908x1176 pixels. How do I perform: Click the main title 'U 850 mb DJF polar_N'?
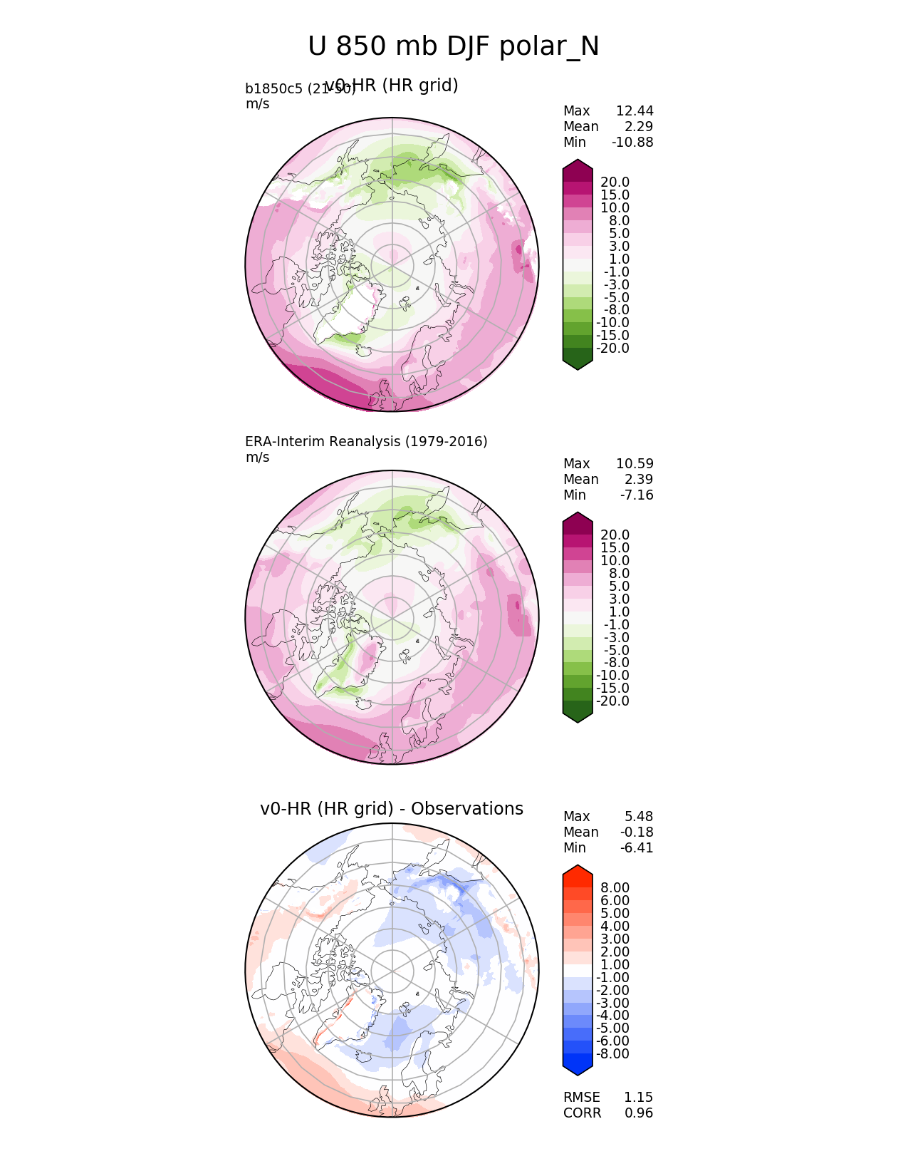tap(454, 47)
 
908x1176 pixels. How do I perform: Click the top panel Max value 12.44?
tap(635, 111)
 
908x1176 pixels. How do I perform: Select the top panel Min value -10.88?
tap(632, 143)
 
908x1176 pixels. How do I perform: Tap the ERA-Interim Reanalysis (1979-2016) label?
tap(366, 442)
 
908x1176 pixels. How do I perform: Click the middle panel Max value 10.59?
tap(635, 464)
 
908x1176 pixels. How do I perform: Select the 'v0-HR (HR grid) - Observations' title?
tap(392, 809)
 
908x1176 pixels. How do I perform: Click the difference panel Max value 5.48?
tap(639, 817)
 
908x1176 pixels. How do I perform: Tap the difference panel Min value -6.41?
tap(637, 848)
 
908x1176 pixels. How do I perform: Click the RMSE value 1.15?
tap(638, 1098)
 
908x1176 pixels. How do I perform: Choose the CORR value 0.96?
tap(638, 1113)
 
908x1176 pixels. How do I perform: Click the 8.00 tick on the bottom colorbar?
tap(615, 888)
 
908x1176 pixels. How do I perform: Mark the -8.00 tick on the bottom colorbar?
tap(612, 1054)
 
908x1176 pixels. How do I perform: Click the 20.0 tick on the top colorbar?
tap(615, 182)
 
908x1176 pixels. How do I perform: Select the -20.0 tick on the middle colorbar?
tap(612, 701)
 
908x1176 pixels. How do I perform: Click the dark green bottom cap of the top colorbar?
tap(578, 362)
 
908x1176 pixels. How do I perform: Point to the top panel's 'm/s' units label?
tap(257, 104)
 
